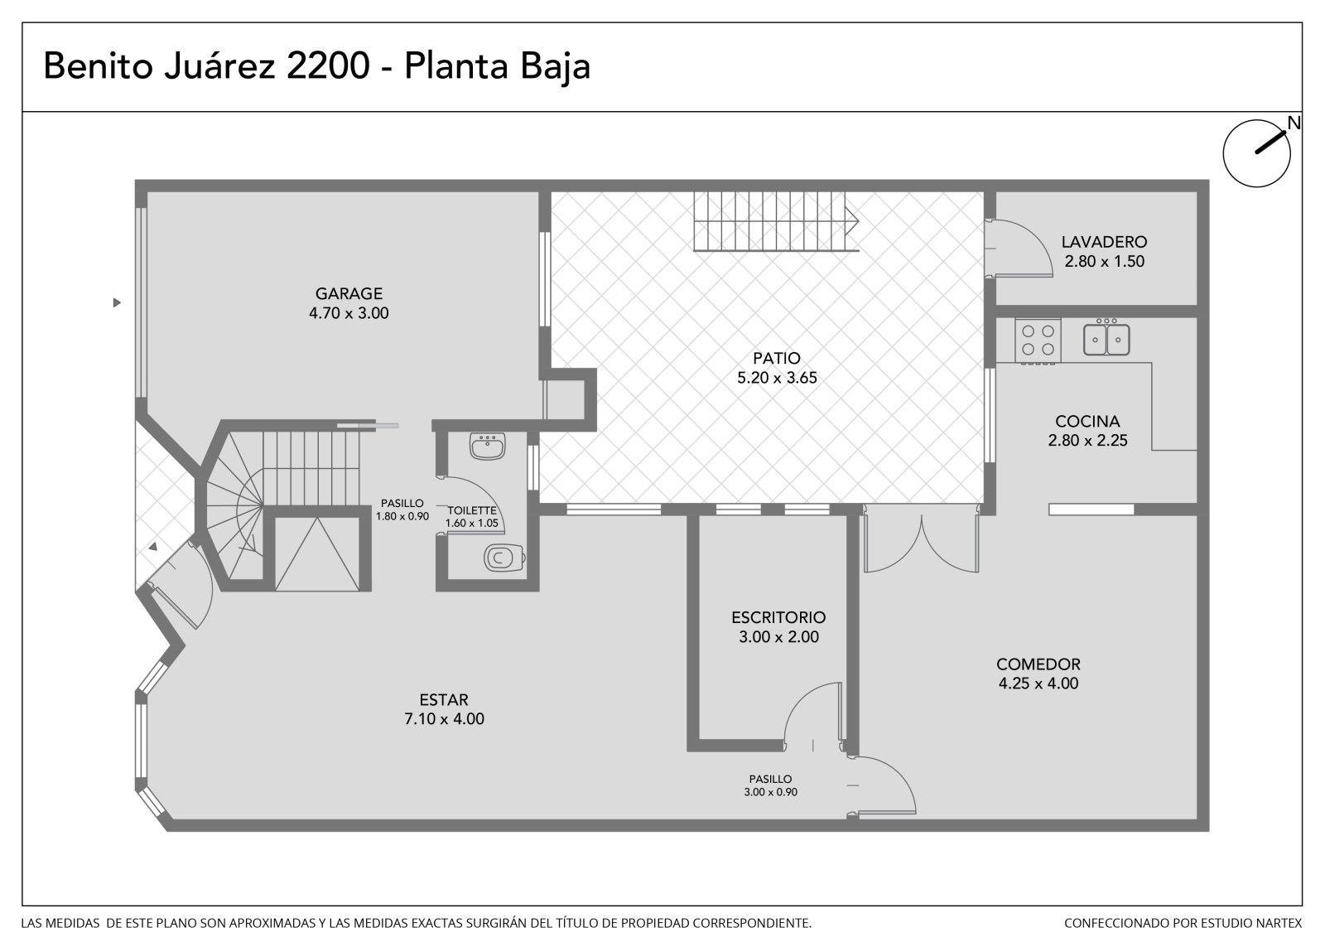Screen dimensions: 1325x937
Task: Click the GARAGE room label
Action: tap(349, 293)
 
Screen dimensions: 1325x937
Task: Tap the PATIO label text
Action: tap(776, 358)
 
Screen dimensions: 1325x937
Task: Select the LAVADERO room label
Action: tap(1104, 242)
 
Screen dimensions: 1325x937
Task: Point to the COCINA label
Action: tap(1087, 422)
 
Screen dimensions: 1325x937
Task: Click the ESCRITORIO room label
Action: tap(778, 617)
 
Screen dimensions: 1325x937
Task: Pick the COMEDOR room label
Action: tap(1038, 664)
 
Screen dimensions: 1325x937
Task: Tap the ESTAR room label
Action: tap(444, 699)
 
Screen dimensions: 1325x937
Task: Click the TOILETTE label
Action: tap(471, 510)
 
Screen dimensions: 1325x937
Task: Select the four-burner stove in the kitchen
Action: tap(1038, 341)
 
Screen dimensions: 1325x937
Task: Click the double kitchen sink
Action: tap(1106, 339)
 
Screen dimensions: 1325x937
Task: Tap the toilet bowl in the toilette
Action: tap(504, 558)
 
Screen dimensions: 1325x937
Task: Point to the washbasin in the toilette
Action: tap(488, 447)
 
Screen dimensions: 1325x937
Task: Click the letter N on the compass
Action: tap(1294, 123)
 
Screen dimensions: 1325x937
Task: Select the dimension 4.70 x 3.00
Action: tap(349, 313)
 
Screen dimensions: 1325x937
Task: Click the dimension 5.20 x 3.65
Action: tap(777, 378)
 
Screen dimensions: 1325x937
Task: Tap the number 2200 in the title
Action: tap(328, 65)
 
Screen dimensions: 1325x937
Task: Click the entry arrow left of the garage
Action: tap(117, 302)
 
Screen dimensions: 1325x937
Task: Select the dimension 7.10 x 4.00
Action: tap(444, 718)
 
